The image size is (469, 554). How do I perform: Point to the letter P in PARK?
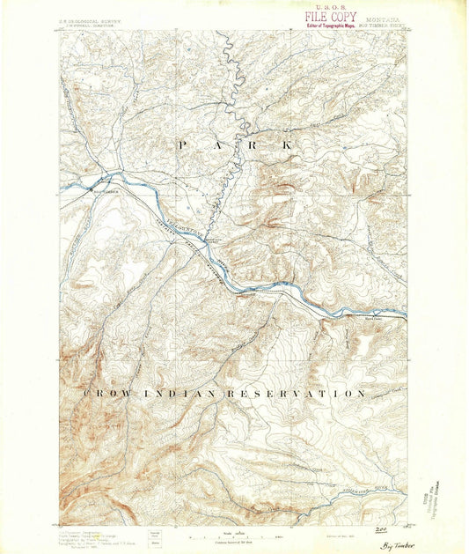click(x=183, y=144)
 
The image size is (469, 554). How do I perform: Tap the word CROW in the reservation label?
click(x=103, y=392)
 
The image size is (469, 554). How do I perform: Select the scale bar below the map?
click(x=234, y=536)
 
